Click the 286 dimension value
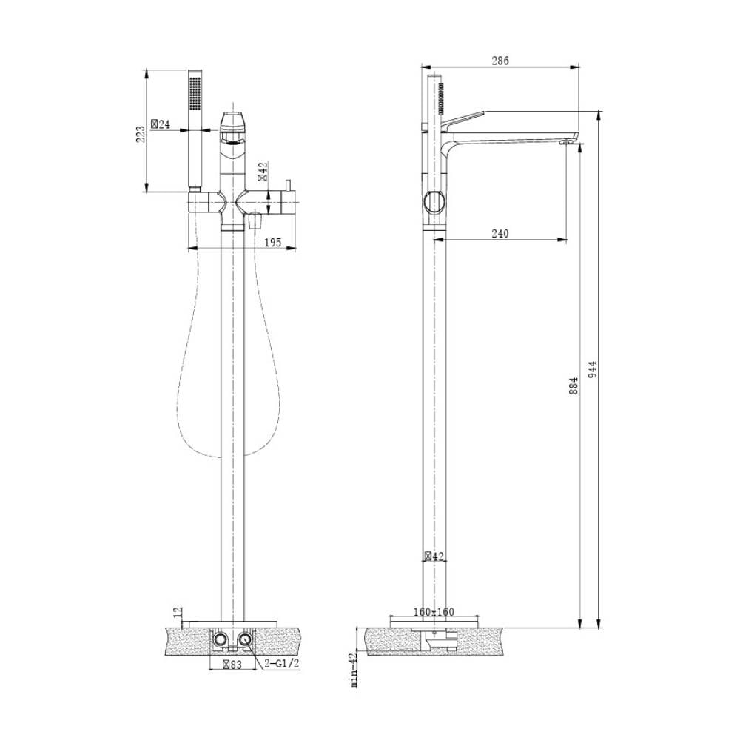(500, 61)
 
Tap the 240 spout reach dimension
(499, 233)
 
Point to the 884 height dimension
(574, 386)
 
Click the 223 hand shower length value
(140, 135)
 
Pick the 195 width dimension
(273, 242)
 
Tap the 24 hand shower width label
(161, 124)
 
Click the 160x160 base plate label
(434, 612)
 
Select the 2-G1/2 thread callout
(282, 664)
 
